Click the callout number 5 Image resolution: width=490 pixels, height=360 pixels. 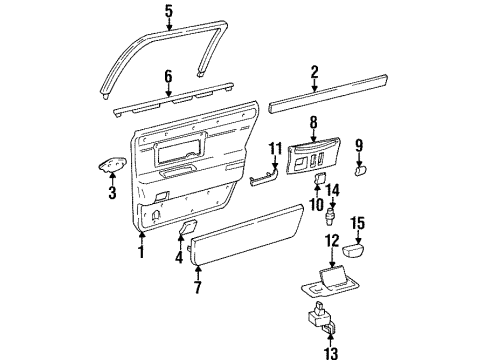point(169,13)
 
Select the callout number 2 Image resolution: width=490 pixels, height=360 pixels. point(314,71)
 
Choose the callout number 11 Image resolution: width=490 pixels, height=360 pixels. point(273,150)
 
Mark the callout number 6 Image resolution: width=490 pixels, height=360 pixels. point(168,76)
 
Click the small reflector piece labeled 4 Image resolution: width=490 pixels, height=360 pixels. point(186,230)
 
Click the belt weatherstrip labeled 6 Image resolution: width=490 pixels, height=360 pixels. point(168,103)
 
